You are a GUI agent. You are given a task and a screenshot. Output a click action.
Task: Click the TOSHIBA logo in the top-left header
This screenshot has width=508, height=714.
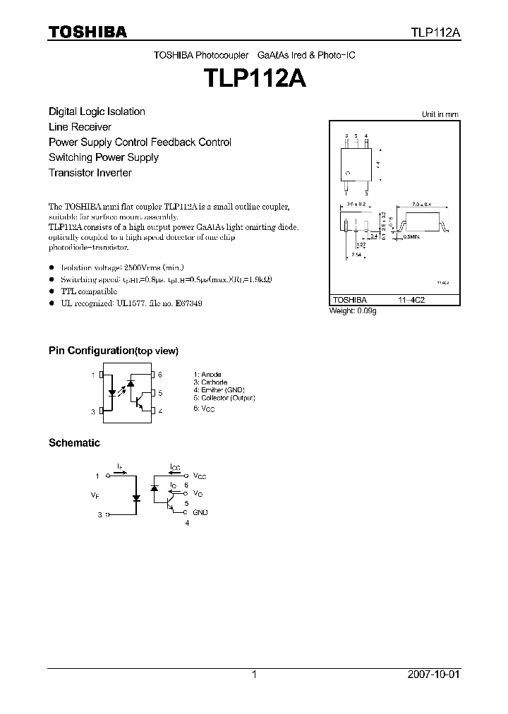pos(87,32)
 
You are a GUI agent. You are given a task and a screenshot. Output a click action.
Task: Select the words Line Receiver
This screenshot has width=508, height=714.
pos(80,127)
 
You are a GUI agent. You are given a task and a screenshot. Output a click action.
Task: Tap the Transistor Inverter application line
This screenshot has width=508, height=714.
pos(90,173)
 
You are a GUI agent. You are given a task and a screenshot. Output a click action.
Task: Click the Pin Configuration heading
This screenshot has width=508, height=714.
pos(113,351)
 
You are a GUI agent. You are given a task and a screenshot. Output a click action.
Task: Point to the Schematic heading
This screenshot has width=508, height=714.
pos(74,443)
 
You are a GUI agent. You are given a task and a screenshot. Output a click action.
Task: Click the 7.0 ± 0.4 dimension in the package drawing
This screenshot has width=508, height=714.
pos(423,204)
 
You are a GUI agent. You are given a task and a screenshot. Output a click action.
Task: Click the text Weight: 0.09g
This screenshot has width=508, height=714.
pos(353,311)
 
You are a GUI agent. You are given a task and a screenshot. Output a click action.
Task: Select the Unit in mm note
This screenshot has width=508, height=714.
pos(440,114)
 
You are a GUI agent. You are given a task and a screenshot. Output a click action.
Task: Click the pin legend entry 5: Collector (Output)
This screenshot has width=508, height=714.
pos(224,398)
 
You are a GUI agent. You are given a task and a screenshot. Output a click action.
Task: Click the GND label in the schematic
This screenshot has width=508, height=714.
pos(200,512)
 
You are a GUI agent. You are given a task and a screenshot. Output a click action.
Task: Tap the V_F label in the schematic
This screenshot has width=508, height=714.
pos(95,495)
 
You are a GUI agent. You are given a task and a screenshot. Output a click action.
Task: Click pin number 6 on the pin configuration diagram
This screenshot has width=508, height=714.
pos(160,375)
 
